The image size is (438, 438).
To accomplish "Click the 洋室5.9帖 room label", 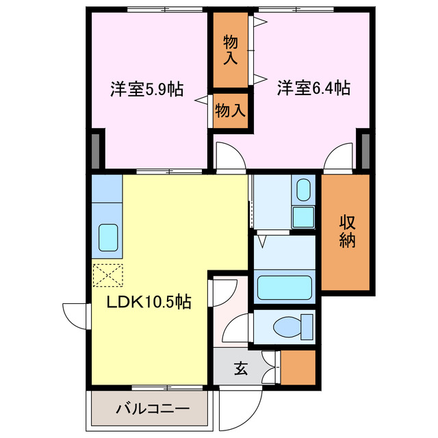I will coord(146,89).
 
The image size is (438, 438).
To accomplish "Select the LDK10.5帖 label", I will coord(147,301).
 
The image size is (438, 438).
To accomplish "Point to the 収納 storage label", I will coord(347,231).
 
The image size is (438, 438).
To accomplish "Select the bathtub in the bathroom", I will coord(284,288).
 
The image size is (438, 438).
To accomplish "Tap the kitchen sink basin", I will coord(109,237).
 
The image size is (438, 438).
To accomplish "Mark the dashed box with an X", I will coord(107,275).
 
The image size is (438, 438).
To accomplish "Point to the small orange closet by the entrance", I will coord(298,367).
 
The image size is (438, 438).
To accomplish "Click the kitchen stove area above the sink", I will coord(107,189).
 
